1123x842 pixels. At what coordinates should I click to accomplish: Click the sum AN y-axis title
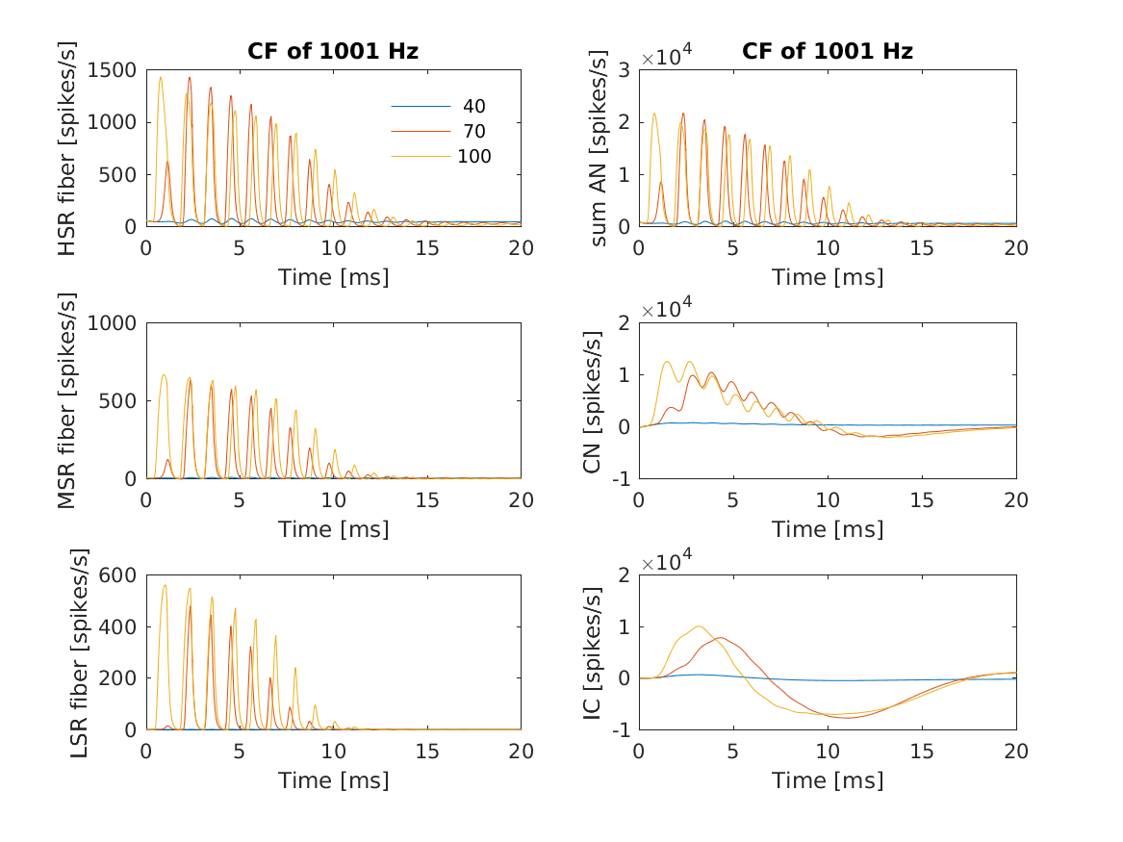599,148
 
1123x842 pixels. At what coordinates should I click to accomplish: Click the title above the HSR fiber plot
333,51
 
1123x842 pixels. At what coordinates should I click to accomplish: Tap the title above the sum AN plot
828,51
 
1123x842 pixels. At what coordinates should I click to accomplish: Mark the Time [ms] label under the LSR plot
333,780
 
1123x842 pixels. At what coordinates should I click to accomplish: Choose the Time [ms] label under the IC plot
828,780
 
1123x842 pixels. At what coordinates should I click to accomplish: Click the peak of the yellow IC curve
700,625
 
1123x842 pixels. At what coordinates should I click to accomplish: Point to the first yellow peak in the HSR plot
161,77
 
